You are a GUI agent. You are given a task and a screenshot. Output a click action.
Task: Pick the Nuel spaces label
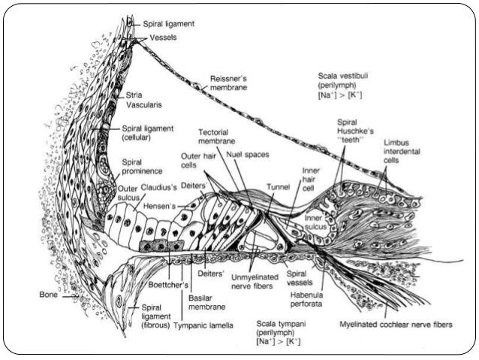click(249, 155)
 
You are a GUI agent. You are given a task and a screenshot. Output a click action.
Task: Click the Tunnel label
click(278, 186)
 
